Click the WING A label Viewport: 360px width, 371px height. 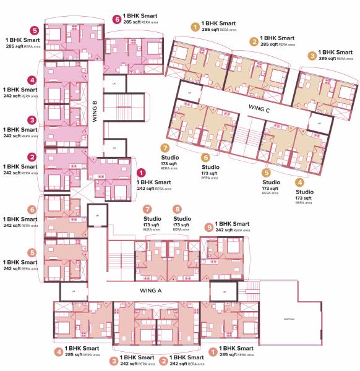pos(151,289)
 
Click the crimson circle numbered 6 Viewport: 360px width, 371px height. pos(118,20)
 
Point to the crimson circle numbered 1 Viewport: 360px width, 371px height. pos(141,174)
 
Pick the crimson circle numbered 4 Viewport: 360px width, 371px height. pos(33,80)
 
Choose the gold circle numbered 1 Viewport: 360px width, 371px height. pos(195,27)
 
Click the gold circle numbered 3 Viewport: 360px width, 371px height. pos(312,55)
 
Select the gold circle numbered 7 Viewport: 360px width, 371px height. pos(165,148)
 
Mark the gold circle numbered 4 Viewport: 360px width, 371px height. pos(299,182)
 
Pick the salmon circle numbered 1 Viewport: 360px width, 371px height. pos(213,352)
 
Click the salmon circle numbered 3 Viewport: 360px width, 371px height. pos(114,360)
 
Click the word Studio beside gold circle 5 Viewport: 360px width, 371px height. pos(271,182)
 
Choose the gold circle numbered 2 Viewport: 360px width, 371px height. pos(254,41)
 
